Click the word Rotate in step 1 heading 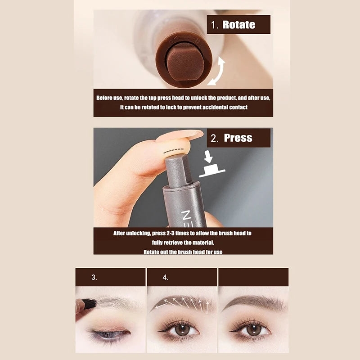coord(239,25)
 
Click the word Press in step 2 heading coord(238,138)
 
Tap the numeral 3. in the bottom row coord(94,277)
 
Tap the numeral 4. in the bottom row coord(165,277)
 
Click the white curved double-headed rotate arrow coord(218,71)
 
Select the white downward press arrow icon coord(208,157)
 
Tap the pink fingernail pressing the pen coord(180,135)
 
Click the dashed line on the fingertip coord(174,150)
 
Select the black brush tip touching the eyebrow coord(88,303)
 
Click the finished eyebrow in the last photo coord(254,302)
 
